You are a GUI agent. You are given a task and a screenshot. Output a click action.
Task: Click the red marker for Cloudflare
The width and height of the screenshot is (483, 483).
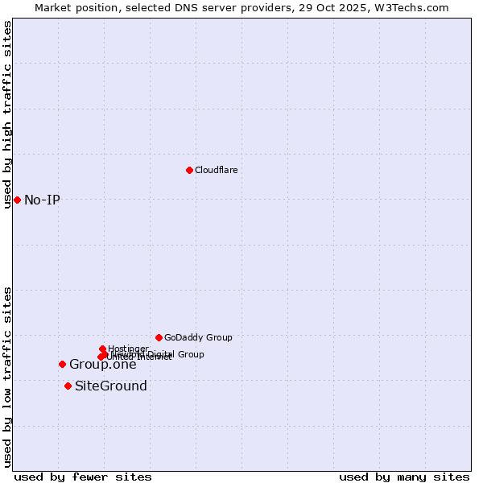pyautogui.click(x=189, y=170)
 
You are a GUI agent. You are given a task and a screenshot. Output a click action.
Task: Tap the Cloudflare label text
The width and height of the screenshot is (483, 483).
pyautogui.click(x=216, y=170)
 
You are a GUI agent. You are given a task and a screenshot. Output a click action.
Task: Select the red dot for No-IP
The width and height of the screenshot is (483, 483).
pyautogui.click(x=17, y=200)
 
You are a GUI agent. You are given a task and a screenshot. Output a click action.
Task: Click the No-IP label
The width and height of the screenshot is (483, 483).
pyautogui.click(x=42, y=200)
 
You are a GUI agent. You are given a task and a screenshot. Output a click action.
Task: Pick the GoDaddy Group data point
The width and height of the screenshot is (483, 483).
pyautogui.click(x=159, y=337)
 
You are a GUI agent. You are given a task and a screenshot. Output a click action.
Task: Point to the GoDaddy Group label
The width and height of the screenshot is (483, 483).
pyautogui.click(x=198, y=337)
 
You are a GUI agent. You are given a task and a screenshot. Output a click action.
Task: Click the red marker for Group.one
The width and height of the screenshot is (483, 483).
pyautogui.click(x=62, y=364)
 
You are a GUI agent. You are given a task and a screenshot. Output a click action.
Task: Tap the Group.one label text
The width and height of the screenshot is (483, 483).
pyautogui.click(x=102, y=364)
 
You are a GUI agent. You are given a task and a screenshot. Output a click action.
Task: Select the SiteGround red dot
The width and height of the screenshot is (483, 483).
pyautogui.click(x=68, y=386)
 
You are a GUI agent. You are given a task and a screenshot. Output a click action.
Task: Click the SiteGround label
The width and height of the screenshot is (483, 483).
pyautogui.click(x=111, y=386)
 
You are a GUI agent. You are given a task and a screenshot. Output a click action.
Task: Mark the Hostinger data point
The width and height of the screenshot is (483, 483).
pyautogui.click(x=102, y=349)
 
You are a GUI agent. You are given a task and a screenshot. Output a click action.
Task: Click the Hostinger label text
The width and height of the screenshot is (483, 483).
pyautogui.click(x=128, y=349)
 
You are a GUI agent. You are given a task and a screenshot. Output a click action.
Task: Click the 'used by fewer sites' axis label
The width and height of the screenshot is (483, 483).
pyautogui.click(x=83, y=477)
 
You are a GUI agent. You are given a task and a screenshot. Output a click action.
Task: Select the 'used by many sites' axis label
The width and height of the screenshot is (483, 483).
pyautogui.click(x=404, y=477)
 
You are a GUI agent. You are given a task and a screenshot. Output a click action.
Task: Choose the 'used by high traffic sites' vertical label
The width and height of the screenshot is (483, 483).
pyautogui.click(x=7, y=114)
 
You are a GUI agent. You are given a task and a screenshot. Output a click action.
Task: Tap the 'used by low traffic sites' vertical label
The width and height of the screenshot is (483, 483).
pyautogui.click(x=7, y=377)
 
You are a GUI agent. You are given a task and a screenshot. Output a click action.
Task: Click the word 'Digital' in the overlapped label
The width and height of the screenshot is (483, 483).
pyautogui.click(x=157, y=354)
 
